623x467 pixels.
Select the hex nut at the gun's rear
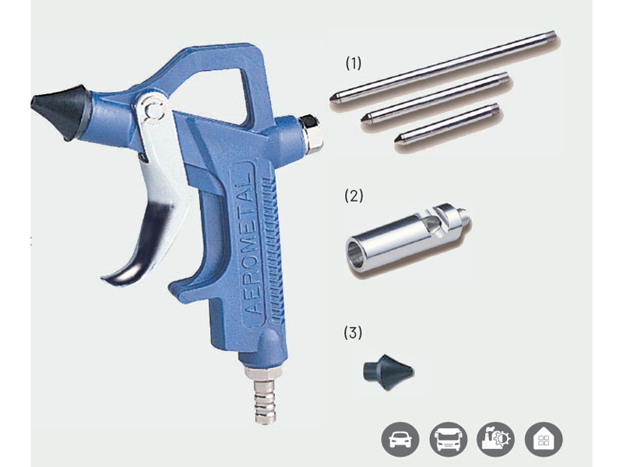coord(311,134)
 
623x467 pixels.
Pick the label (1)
coord(354,63)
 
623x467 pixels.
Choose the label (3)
coord(353,333)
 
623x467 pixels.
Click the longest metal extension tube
coord(443,68)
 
